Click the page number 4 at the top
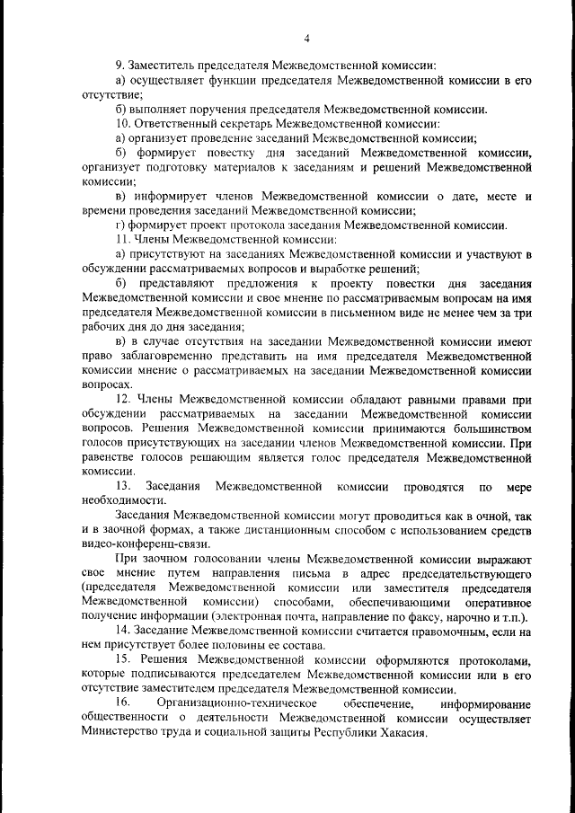pos(306,38)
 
